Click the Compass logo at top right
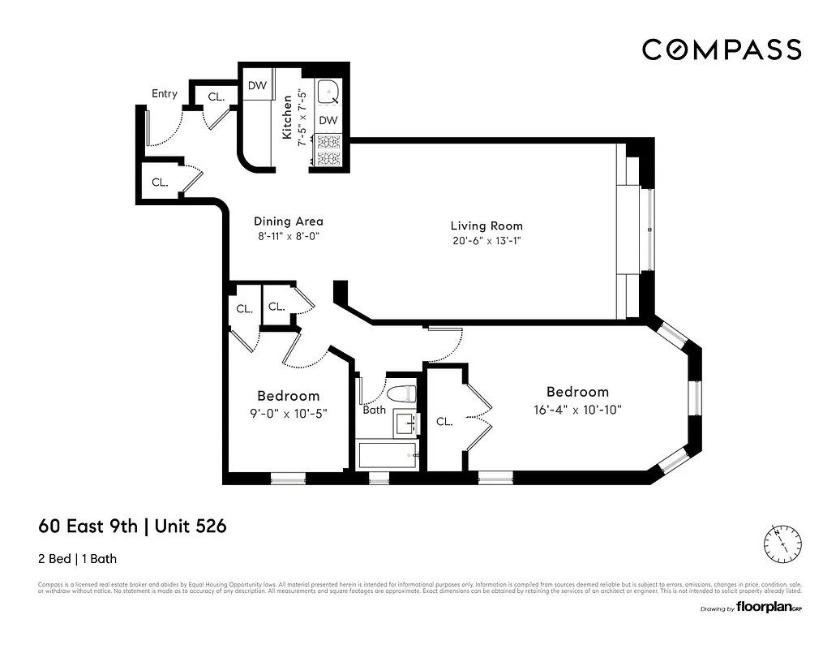722,49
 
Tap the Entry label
165,94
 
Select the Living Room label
486,226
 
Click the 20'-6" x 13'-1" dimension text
486,241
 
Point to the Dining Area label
289,221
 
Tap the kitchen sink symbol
328,94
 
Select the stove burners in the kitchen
328,149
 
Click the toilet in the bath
402,394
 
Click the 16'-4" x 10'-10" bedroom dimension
576,410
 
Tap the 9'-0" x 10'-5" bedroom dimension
288,413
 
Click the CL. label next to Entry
216,97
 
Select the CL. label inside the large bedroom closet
444,422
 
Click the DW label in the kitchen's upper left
257,86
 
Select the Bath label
374,410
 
